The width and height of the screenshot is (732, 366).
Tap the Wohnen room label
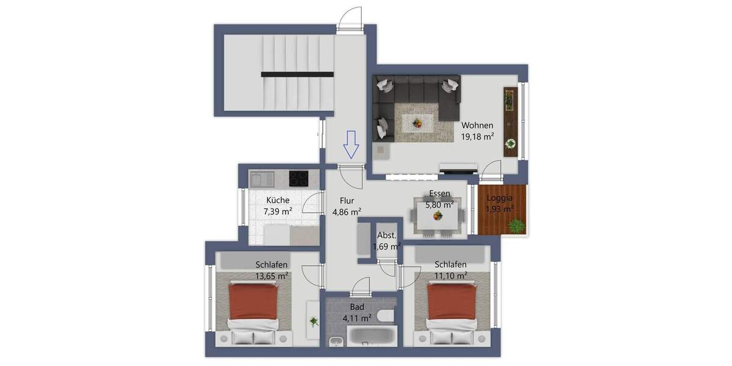tap(477, 126)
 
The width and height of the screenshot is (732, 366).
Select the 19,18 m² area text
tap(477, 137)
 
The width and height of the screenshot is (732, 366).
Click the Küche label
tap(278, 200)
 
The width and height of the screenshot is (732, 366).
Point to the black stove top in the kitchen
tap(298, 178)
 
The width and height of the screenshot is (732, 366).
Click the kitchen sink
tap(261, 179)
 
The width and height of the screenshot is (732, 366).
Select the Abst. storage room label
tap(387, 235)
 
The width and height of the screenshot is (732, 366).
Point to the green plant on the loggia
tap(517, 226)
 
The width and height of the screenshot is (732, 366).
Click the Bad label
tap(357, 307)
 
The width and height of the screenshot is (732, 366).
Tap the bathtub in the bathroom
tap(372, 334)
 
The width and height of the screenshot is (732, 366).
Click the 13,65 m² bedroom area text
tap(271, 276)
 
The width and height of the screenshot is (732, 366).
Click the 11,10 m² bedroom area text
tap(451, 276)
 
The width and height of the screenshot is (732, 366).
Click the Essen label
tap(439, 194)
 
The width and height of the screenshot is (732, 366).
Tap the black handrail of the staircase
tap(298, 74)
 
